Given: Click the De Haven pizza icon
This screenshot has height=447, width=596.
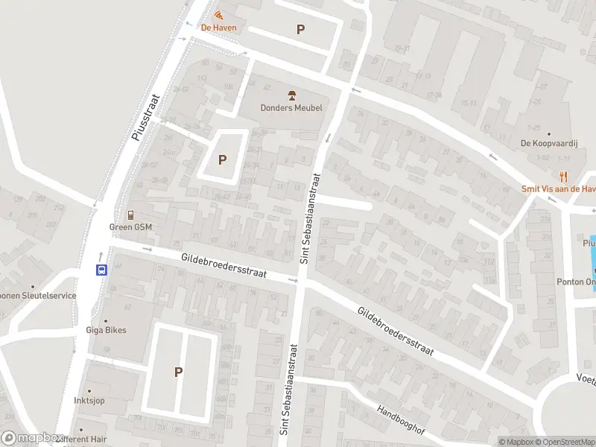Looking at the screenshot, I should [x=218, y=16].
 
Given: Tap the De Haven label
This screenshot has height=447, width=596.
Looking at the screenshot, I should [x=219, y=28].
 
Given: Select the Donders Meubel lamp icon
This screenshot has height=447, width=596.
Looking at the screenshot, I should [x=292, y=95].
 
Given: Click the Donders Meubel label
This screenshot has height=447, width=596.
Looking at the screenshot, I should [x=292, y=108].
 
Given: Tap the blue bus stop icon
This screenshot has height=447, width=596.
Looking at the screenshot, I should [x=101, y=270].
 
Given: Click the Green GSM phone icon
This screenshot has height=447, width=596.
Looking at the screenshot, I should [x=130, y=215].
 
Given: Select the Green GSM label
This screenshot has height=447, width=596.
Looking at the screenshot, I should [x=130, y=227].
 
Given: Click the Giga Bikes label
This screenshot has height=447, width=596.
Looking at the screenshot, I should [x=106, y=330].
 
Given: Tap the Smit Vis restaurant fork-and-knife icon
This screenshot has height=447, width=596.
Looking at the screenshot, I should [x=564, y=177].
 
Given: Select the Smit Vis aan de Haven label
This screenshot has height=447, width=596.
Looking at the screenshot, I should [x=558, y=189].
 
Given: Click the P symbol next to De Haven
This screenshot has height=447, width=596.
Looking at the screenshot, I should [x=301, y=30].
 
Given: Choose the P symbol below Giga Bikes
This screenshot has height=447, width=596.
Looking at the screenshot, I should [x=179, y=372].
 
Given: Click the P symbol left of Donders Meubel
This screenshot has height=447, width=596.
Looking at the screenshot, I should [x=222, y=159].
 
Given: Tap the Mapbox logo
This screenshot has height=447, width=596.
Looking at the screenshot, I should [x=31, y=438].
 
